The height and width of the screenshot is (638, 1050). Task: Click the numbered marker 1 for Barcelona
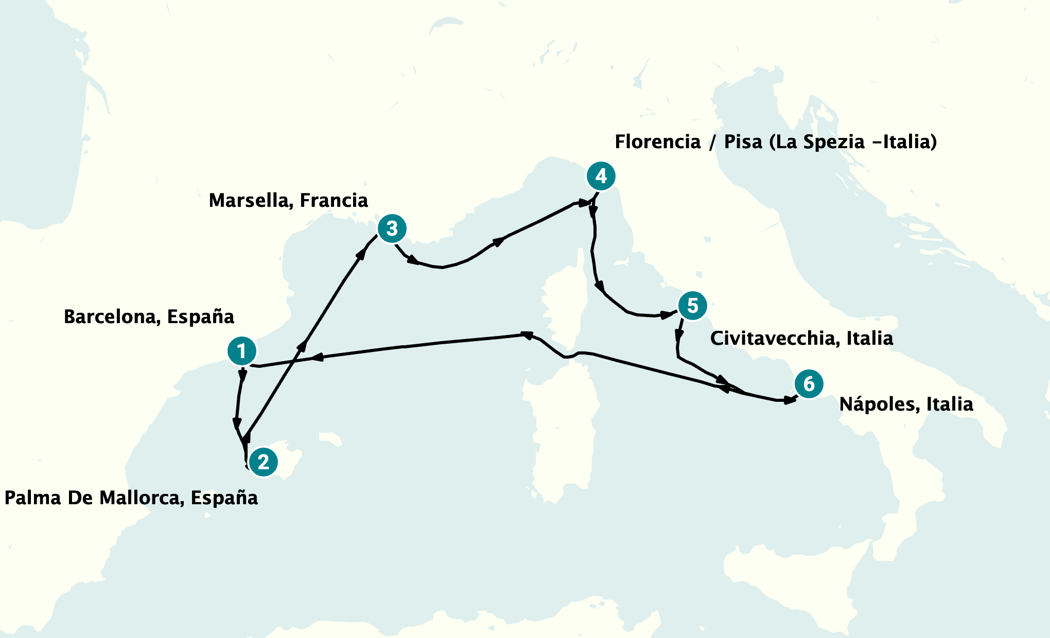pyautogui.click(x=242, y=351)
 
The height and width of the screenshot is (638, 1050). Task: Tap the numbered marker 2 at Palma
pyautogui.click(x=264, y=462)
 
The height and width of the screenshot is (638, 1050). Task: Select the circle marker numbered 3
pyautogui.click(x=392, y=228)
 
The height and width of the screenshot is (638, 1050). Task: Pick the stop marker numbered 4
pyautogui.click(x=601, y=176)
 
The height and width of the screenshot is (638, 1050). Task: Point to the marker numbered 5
pyautogui.click(x=692, y=306)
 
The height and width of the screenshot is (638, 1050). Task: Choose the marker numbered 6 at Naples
pyautogui.click(x=809, y=384)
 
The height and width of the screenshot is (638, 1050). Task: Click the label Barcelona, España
pyautogui.click(x=149, y=317)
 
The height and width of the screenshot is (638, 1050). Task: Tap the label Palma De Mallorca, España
pyautogui.click(x=131, y=498)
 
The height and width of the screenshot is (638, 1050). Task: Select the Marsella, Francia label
pyautogui.click(x=288, y=201)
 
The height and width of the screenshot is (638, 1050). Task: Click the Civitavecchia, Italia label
pyautogui.click(x=801, y=339)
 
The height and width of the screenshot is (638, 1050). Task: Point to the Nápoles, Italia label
pyautogui.click(x=906, y=404)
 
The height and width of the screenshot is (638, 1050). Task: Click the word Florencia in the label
pyautogui.click(x=658, y=142)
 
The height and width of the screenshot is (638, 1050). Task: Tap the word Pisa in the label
pyautogui.click(x=743, y=142)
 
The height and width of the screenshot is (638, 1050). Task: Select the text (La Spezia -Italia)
pyautogui.click(x=853, y=142)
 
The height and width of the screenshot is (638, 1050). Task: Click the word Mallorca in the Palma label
pyautogui.click(x=139, y=498)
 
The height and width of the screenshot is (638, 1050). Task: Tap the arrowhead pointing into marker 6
pyautogui.click(x=789, y=400)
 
